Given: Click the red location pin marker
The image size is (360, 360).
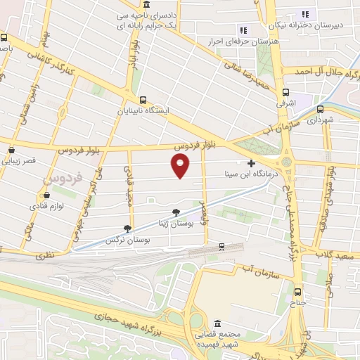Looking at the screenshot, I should coord(181,166).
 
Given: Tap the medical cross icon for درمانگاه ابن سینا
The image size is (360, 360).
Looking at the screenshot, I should coord(251,163).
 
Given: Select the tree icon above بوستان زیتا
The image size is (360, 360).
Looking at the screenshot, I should coord(175,212).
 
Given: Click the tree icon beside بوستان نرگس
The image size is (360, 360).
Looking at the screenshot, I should coord(127,229).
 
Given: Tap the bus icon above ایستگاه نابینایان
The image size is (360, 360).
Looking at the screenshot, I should coord(143,100).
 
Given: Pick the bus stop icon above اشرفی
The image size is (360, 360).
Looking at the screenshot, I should coord(285,92).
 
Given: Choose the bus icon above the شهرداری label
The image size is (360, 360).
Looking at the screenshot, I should coord(321,109).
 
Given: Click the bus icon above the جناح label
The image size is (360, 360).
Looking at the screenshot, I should coord(297,292).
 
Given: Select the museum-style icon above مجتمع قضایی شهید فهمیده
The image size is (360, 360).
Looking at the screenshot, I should coord(217,324).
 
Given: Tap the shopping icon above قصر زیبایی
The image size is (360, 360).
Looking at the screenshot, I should coord(12,150).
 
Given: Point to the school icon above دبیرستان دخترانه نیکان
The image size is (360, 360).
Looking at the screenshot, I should coord(305,13).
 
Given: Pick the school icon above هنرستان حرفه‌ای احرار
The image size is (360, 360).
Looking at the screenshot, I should coord(243,30).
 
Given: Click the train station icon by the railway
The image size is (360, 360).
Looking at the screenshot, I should coord(221,246).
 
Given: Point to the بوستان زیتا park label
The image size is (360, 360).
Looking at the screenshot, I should coord(172,223).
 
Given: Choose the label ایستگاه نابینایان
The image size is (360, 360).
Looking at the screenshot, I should coord(143,111).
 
